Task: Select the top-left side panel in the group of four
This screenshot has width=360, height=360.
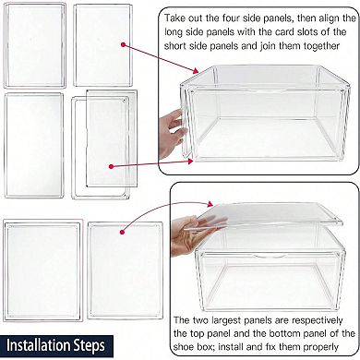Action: coord(33,42)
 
